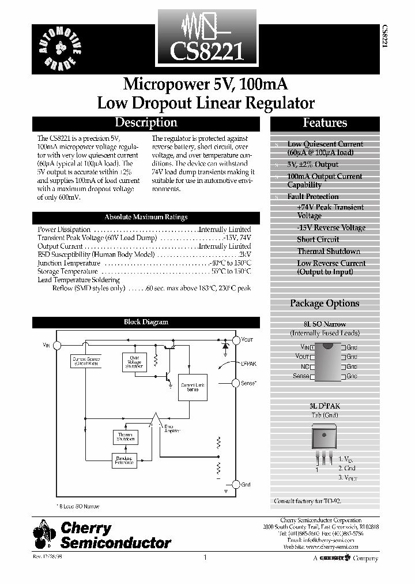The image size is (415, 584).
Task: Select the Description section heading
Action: click(146, 123)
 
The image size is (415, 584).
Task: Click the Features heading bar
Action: click(325, 123)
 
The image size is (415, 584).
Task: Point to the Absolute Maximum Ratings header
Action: click(146, 217)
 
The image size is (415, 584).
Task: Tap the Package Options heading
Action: click(325, 303)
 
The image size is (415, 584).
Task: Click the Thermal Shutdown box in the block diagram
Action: click(125, 437)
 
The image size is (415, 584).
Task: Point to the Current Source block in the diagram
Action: click(86, 361)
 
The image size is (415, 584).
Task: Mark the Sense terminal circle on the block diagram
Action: click(235, 383)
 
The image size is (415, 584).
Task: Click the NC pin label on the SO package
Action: click(305, 366)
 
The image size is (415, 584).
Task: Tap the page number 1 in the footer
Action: click(205, 557)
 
